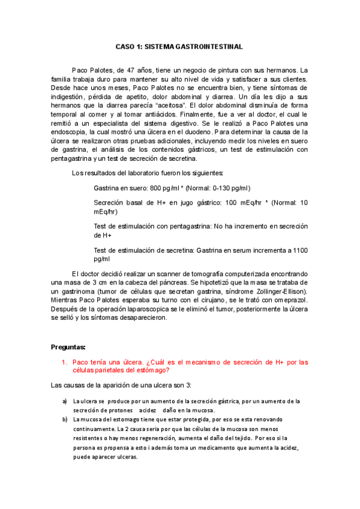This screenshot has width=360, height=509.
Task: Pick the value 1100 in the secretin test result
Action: pyautogui.click(x=299, y=249)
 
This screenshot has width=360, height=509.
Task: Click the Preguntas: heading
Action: pyautogui.click(x=68, y=347)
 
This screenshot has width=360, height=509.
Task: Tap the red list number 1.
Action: pyautogui.click(x=64, y=362)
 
